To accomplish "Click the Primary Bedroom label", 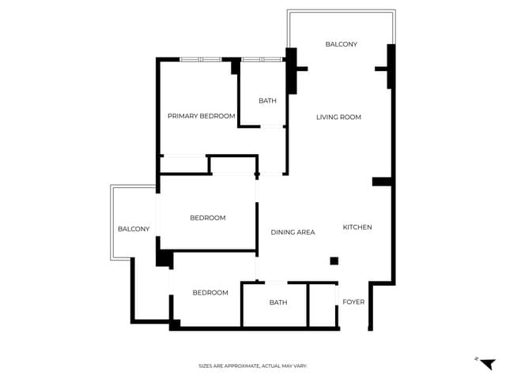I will click(x=201, y=116).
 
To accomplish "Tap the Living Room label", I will click(x=338, y=117).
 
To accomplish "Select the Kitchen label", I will click(x=357, y=227).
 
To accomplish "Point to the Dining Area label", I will click(x=293, y=232).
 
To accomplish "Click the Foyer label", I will click(x=353, y=302).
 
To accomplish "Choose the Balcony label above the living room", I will click(x=342, y=44).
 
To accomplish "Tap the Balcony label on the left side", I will click(x=134, y=229).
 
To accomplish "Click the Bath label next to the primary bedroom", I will click(x=267, y=100).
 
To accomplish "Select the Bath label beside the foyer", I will click(x=278, y=302).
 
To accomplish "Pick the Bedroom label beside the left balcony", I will click(x=207, y=218).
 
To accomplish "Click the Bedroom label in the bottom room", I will click(x=210, y=293).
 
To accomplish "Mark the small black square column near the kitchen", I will click(x=334, y=261).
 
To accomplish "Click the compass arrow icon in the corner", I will click(x=487, y=363).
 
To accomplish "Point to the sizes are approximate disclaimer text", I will click(x=252, y=366).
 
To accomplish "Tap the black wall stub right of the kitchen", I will click(x=382, y=182).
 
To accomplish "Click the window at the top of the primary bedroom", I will click(x=200, y=59).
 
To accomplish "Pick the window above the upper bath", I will click(x=262, y=59).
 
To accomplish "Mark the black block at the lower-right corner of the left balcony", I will click(x=164, y=258).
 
